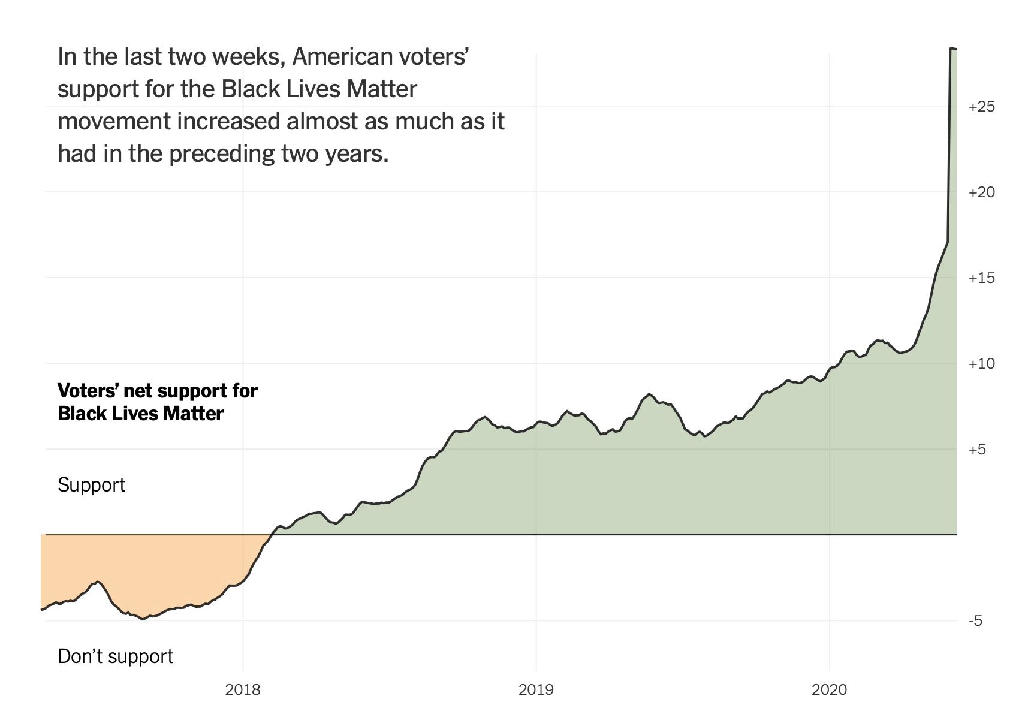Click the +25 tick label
(981, 107)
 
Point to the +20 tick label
(981, 192)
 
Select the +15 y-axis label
(981, 278)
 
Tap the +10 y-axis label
(981, 364)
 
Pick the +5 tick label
(977, 450)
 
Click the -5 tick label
(975, 621)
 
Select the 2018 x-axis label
(243, 690)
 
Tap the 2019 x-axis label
(536, 690)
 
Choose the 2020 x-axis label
(829, 690)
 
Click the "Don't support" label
(115, 656)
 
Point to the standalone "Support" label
(91, 485)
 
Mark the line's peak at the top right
(952, 49)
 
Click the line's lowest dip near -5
(143, 619)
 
